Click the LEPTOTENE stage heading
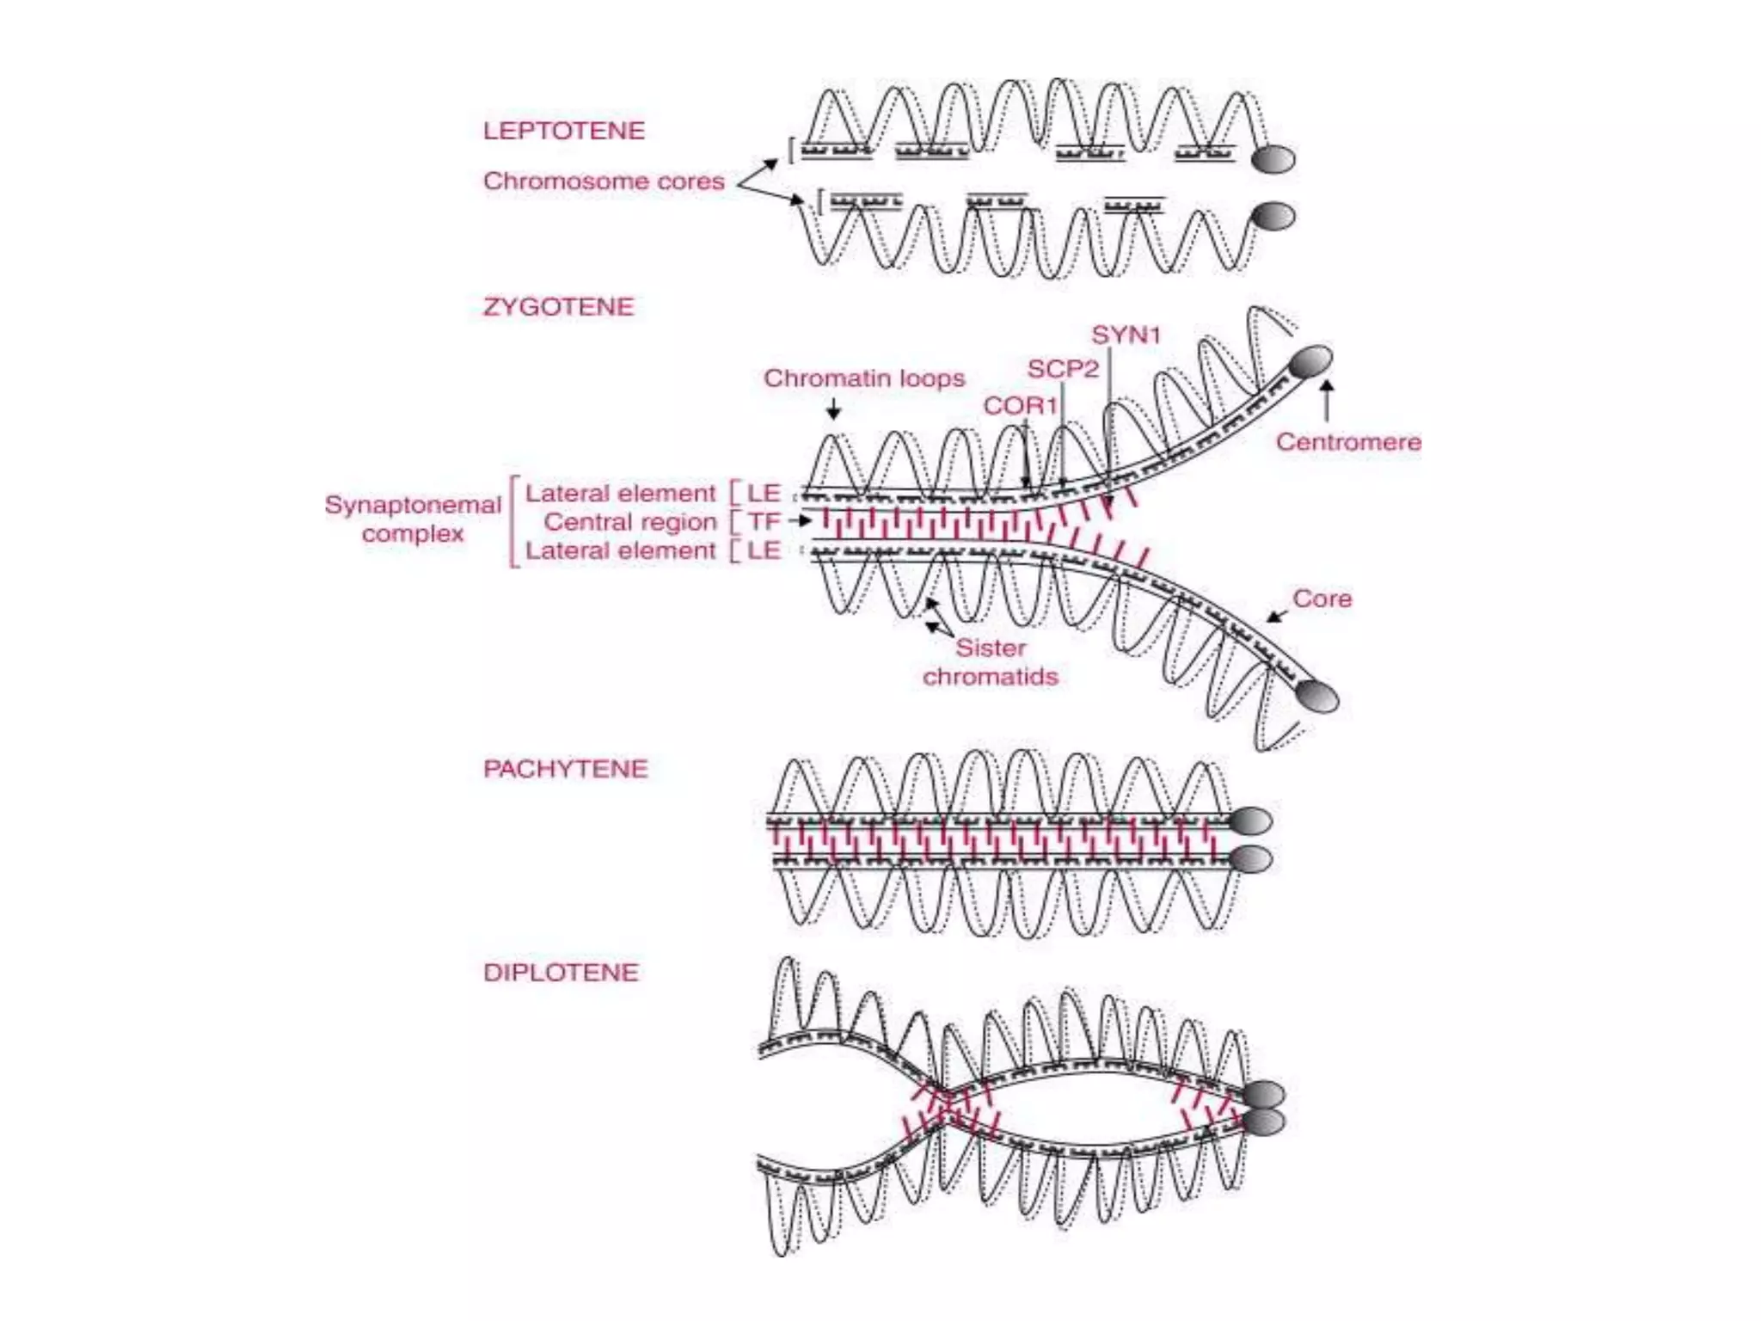pyautogui.click(x=563, y=131)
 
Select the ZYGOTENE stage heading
pyautogui.click(x=558, y=307)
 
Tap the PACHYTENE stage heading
pyautogui.click(x=565, y=769)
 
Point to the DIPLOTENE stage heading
pyautogui.click(x=561, y=973)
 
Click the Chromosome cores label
pyautogui.click(x=604, y=181)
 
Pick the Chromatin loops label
pyautogui.click(x=864, y=378)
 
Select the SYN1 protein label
pyautogui.click(x=1126, y=335)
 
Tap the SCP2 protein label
pyautogui.click(x=1063, y=369)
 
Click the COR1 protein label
pyautogui.click(x=1020, y=405)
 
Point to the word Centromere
pyautogui.click(x=1347, y=442)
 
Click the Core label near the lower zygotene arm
pyautogui.click(x=1322, y=599)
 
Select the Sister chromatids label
pyautogui.click(x=990, y=662)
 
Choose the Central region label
pyautogui.click(x=630, y=522)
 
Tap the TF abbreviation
pyautogui.click(x=763, y=522)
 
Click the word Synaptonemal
pyautogui.click(x=413, y=505)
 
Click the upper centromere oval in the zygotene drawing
pyautogui.click(x=1311, y=361)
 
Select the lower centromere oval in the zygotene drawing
pyautogui.click(x=1317, y=696)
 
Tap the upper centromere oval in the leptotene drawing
pyautogui.click(x=1273, y=159)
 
